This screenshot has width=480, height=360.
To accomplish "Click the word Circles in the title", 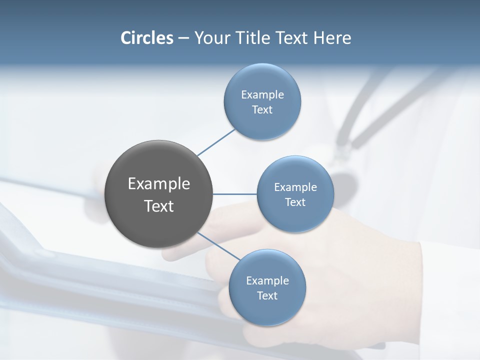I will click(147, 38).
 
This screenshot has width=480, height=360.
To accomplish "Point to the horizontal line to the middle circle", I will click(235, 194).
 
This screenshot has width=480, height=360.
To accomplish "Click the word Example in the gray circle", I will click(159, 184).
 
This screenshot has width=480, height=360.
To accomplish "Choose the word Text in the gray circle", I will click(159, 206).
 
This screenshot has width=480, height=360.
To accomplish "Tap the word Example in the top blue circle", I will click(262, 95).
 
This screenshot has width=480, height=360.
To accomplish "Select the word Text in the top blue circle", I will click(262, 110).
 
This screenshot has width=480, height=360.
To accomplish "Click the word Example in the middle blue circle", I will click(295, 187).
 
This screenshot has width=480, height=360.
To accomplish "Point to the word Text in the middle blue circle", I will click(295, 202).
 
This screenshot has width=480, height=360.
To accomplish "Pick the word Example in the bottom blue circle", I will click(267, 281).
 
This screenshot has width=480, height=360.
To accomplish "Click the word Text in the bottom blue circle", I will click(267, 296).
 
